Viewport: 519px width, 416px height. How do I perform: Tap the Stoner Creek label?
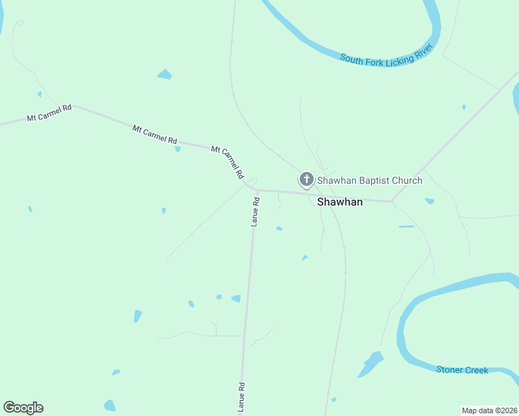pos(462,370)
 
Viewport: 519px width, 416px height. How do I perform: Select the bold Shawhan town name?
pos(340,202)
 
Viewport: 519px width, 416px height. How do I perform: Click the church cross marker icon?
pos(306,180)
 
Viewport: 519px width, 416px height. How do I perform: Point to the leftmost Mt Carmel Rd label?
pos(49,113)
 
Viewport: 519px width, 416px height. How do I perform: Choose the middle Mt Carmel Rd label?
pos(155,134)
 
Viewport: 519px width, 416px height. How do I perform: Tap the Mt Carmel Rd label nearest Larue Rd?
pos(229,160)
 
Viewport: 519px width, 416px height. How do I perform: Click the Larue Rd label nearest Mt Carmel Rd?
pos(255,211)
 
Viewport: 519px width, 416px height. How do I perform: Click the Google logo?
pos(23,408)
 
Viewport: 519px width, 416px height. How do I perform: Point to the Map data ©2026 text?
pos(489,410)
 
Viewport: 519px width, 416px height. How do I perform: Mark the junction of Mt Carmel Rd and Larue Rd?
pos(255,189)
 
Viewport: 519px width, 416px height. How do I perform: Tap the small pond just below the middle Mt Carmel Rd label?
pos(178,148)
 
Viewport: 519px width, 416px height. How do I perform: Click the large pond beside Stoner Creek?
pos(371,363)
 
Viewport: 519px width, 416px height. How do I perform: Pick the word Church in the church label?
pos(406,181)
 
